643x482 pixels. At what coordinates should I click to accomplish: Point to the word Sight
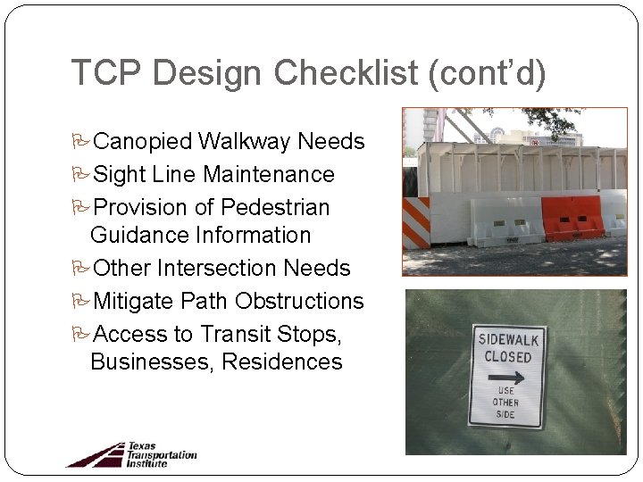pyautogui.click(x=121, y=175)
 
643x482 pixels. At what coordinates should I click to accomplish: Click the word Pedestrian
pyautogui.click(x=275, y=208)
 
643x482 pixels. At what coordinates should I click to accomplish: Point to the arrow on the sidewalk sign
pyautogui.click(x=506, y=377)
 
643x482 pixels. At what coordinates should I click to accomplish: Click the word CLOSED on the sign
pyautogui.click(x=507, y=356)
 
